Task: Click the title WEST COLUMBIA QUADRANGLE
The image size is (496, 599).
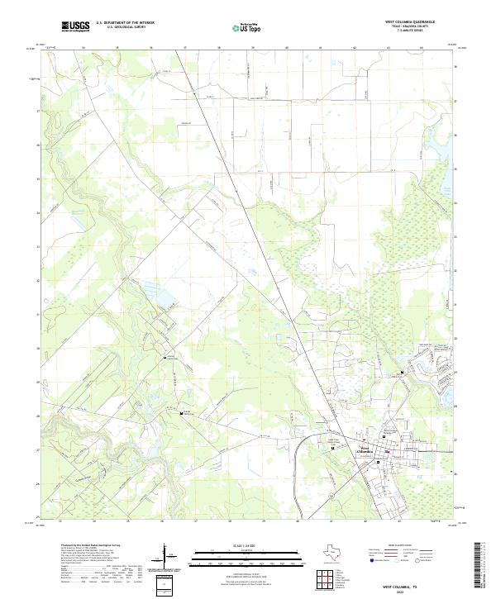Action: pyautogui.click(x=405, y=22)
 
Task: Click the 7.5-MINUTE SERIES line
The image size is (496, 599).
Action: pyautogui.click(x=405, y=32)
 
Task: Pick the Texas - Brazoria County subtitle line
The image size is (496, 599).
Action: pyautogui.click(x=405, y=27)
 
